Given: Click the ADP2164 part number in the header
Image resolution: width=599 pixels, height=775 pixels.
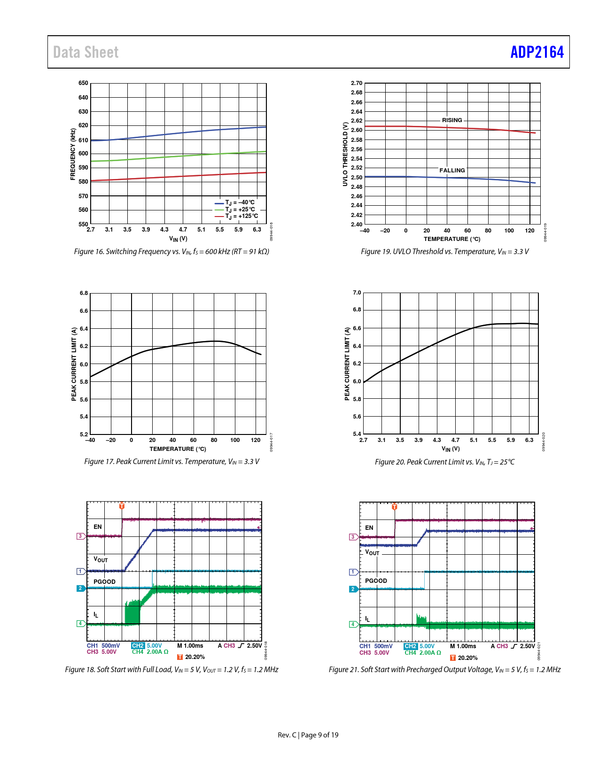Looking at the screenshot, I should click(537, 52).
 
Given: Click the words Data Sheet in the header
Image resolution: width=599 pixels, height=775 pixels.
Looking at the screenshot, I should click(86, 52).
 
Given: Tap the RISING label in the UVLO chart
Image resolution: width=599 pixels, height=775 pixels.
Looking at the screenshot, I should click(452, 120).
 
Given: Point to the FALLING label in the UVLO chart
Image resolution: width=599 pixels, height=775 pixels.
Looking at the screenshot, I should click(452, 170).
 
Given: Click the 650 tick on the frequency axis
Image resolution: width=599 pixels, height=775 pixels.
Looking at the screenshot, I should click(83, 83).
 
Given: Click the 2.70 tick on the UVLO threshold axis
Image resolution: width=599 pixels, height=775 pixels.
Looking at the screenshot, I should click(357, 83).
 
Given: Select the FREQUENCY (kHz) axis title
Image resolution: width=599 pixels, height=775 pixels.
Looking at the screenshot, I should click(73, 154).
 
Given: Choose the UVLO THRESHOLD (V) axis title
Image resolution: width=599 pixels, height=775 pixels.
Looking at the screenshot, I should click(345, 154).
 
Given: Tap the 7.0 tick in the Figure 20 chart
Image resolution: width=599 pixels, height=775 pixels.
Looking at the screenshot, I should click(357, 293).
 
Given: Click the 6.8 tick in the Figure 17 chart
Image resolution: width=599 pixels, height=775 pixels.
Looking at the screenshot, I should click(84, 293).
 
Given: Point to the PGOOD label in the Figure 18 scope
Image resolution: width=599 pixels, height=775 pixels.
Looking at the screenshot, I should click(104, 581).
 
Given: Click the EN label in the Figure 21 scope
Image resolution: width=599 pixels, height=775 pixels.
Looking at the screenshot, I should click(369, 527).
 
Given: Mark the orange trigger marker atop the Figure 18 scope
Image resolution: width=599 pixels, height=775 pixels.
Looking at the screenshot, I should click(122, 505).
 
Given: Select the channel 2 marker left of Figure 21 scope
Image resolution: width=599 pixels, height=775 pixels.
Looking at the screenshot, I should click(353, 589).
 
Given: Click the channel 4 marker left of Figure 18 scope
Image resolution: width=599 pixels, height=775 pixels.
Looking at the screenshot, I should click(81, 624).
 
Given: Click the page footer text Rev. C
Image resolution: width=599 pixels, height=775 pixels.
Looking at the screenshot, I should click(287, 735).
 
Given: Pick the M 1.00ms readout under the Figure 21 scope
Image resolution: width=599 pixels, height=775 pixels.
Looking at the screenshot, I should click(463, 646).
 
